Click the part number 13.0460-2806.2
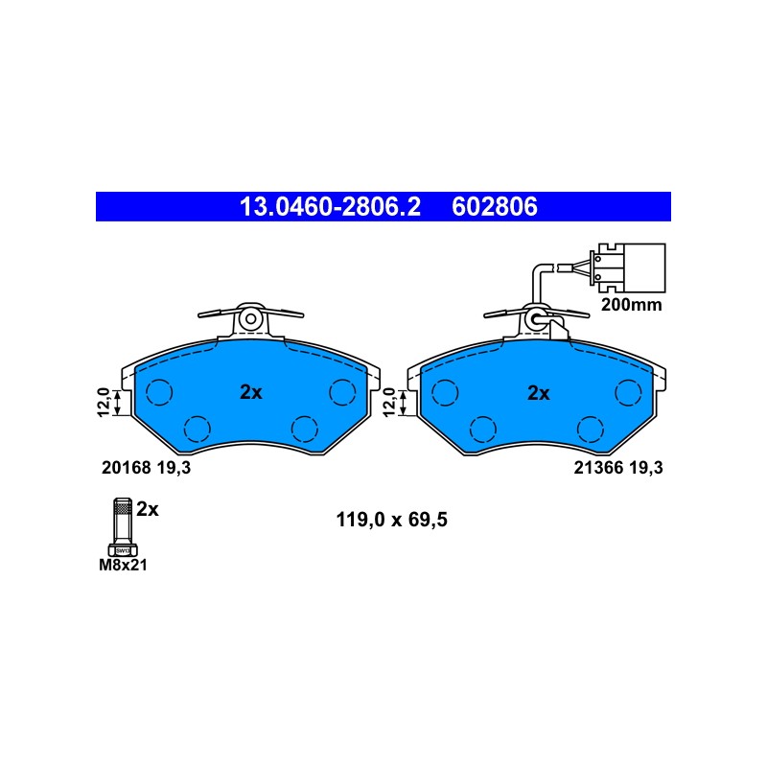pos(330,206)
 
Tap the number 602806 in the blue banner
pos(495,206)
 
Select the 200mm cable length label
pos(631,305)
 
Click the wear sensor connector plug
pos(628,268)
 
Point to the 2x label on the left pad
pos(251,392)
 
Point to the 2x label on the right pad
pos(538,393)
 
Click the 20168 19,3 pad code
pos(146,468)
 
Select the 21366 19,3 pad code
pos(618,468)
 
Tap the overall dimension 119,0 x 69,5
pos(391,520)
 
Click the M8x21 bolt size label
pos(123,565)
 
